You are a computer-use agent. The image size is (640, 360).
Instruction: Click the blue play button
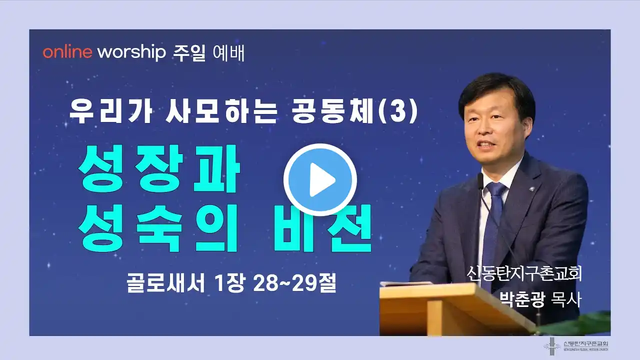[320, 179]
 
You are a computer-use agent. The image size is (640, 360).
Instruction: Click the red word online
[67, 52]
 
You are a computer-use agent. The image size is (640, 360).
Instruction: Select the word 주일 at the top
[189, 53]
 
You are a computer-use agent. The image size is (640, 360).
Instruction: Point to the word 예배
[229, 53]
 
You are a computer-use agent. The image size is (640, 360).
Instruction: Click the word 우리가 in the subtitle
[110, 112]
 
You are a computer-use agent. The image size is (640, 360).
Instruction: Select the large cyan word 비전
[322, 228]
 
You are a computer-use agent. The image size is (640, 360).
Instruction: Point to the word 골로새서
[165, 283]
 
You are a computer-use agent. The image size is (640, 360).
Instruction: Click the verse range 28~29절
[294, 283]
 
